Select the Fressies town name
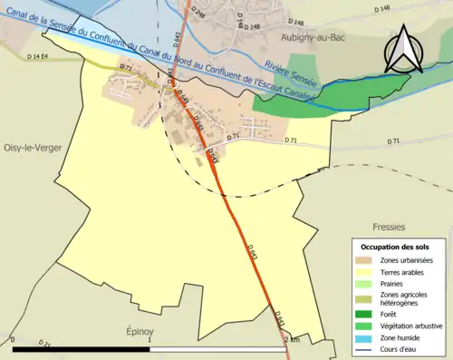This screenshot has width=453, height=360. click(x=387, y=226)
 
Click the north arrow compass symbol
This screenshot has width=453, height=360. click(x=403, y=50)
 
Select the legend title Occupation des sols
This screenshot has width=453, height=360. click(x=396, y=247)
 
